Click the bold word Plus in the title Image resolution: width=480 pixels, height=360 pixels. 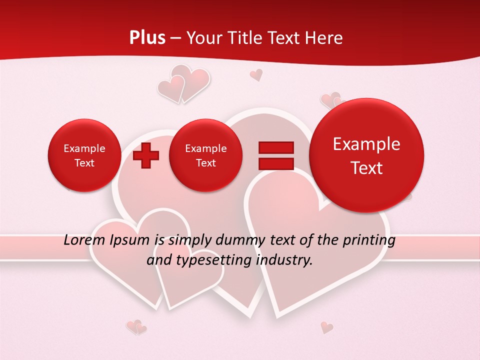coord(147,38)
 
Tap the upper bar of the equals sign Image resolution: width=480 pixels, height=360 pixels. coord(275,147)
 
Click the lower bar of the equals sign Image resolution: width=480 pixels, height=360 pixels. coord(275,164)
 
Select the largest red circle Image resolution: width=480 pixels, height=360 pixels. coord(366,155)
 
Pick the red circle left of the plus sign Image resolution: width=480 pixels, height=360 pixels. coord(84,155)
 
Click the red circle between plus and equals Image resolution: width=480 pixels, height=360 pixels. coord(206,155)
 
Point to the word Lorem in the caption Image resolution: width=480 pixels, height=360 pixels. coord(82,240)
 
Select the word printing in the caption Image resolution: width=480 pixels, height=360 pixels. coord(369,240)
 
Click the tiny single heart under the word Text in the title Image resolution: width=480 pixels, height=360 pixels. coord(256,75)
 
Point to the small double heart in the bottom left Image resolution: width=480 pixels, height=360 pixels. coord(136,327)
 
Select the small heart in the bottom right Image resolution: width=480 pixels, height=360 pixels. coord(326,327)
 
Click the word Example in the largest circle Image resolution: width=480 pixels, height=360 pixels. coord(366,144)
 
